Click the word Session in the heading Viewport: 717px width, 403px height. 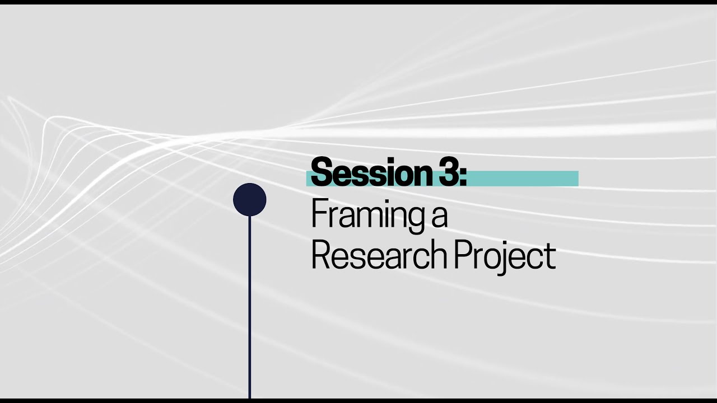click(370, 174)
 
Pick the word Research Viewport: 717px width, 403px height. click(378, 256)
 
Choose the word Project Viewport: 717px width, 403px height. click(504, 256)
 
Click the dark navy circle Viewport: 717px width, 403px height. click(249, 200)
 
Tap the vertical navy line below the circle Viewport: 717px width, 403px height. click(249, 308)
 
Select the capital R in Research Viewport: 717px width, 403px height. click(320, 256)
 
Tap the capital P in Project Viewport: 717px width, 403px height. click(461, 256)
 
